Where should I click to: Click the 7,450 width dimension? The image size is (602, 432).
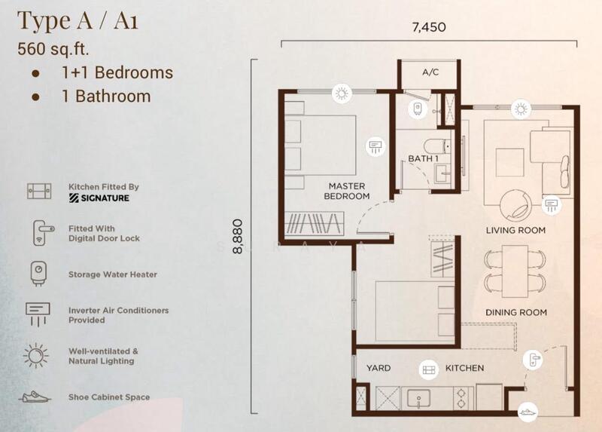click(429, 27)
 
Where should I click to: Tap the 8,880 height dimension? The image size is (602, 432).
click(238, 237)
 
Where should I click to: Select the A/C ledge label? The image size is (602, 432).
click(430, 72)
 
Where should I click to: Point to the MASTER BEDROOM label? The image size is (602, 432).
click(347, 191)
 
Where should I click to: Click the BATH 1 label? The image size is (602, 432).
click(423, 158)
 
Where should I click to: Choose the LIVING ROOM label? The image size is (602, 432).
click(515, 231)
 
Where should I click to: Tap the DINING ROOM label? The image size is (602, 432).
click(516, 312)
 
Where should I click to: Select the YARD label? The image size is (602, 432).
click(379, 368)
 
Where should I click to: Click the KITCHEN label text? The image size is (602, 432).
click(464, 368)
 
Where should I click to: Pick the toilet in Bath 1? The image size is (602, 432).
click(437, 146)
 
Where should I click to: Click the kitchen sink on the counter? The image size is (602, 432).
click(418, 398)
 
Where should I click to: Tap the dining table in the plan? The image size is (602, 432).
click(515, 271)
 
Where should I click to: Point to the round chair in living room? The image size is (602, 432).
click(516, 205)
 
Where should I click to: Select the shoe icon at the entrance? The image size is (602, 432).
click(528, 412)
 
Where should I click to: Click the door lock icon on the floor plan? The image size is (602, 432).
click(533, 360)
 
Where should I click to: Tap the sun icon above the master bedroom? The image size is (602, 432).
click(342, 93)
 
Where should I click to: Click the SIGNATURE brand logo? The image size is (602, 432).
click(99, 198)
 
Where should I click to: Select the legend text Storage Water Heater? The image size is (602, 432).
click(112, 274)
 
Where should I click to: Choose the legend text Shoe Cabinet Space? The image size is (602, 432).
click(109, 397)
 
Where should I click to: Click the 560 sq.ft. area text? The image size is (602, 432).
click(53, 49)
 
